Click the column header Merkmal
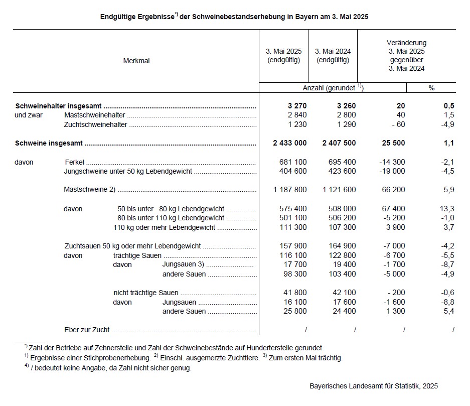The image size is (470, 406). tap(136, 61)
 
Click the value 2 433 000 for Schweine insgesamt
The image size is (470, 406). tap(290, 143)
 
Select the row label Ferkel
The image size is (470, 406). tap(75, 162)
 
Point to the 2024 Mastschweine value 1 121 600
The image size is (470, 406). tap(339, 190)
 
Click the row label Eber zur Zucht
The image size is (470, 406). tap(87, 330)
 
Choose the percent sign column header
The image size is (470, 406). tap(431, 88)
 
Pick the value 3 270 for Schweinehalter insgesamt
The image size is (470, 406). tap(296, 106)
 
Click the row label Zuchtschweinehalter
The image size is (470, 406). tap(96, 124)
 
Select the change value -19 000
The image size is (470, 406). tap(392, 171)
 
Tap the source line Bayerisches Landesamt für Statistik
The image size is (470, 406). tap(374, 386)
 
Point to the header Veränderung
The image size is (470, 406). tap(407, 43)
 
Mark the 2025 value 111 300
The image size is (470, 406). tap(293, 227)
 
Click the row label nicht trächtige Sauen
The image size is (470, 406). tap(146, 293)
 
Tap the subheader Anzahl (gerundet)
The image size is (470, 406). tap(331, 88)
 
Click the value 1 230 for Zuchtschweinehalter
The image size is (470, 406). tap(296, 124)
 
